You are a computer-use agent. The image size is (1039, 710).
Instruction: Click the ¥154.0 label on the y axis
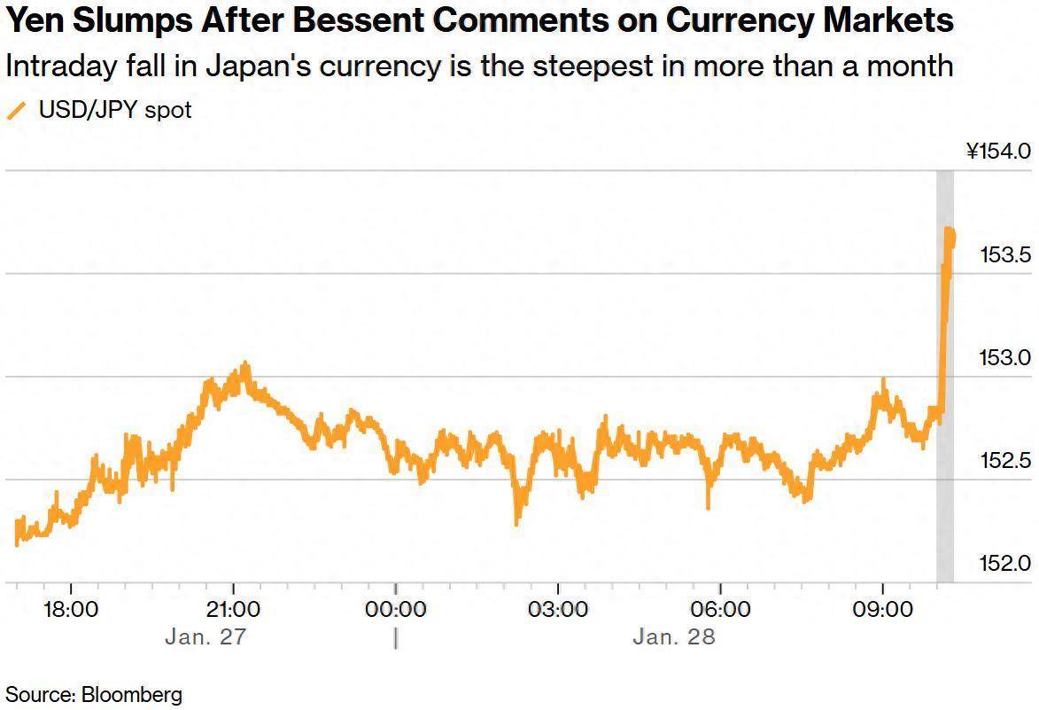tap(998, 152)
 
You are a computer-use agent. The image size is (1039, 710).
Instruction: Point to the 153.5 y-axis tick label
tap(1005, 256)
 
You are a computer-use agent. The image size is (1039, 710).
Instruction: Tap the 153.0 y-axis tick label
tap(1005, 359)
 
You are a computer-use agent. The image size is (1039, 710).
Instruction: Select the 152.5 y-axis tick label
tap(1005, 462)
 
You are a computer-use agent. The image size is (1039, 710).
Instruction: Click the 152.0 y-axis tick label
tap(1005, 564)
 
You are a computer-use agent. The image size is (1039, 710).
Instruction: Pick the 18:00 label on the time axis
tap(71, 610)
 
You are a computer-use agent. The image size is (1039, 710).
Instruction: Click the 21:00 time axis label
tap(233, 610)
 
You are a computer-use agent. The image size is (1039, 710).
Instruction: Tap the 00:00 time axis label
tap(395, 610)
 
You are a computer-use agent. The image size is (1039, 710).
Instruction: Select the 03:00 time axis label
tap(558, 610)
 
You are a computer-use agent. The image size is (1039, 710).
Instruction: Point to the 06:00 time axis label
tap(720, 610)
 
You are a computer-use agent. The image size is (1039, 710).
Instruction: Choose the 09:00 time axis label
tap(883, 610)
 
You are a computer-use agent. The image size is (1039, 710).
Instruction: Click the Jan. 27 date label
tap(205, 637)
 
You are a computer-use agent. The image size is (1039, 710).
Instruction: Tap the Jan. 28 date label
tap(674, 637)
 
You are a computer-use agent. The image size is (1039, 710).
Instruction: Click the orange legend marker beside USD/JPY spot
tap(18, 111)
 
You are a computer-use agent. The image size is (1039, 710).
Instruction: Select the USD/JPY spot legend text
tap(115, 111)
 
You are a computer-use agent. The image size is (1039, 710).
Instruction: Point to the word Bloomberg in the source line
tap(132, 694)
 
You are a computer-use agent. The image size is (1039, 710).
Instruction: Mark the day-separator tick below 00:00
tap(395, 638)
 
